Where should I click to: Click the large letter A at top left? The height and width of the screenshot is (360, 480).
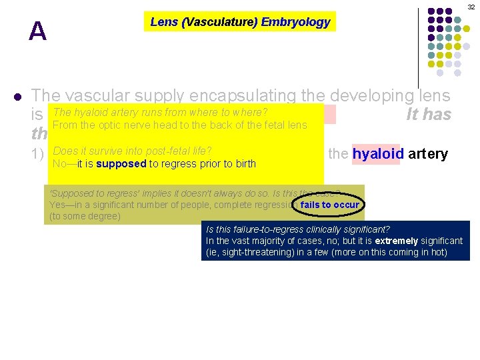[37, 31]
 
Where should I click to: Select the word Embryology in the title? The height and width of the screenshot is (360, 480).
[295, 22]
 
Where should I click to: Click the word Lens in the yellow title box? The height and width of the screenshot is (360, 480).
[163, 22]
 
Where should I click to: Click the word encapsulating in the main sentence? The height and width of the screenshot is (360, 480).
[233, 96]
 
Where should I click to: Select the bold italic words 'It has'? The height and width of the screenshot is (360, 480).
[429, 115]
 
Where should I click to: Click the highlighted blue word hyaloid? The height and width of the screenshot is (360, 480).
[375, 154]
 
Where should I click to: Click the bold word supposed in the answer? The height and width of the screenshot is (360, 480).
[120, 163]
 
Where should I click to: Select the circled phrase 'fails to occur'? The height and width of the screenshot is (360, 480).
[329, 205]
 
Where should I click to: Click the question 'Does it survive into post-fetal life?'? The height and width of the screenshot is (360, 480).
[132, 151]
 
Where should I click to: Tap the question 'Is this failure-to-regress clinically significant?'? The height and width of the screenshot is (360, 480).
[298, 229]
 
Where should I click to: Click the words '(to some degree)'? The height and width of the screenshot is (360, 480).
[85, 216]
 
